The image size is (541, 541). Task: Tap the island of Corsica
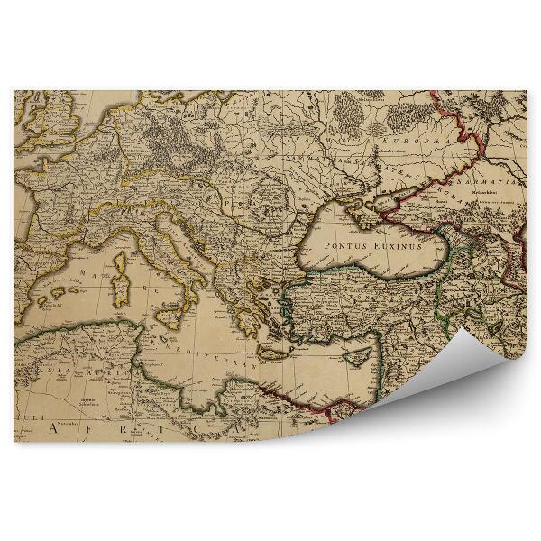(120, 262)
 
